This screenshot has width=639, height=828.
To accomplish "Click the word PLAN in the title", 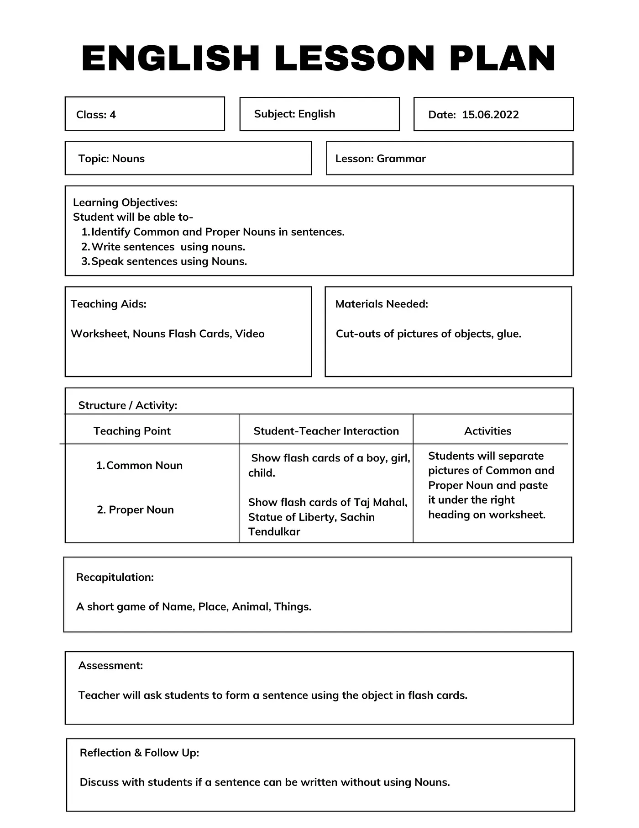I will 502,58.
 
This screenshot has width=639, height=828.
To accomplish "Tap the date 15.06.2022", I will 490,115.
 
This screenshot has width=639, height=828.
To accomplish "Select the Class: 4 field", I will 96,115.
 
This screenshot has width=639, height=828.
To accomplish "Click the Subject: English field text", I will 294,114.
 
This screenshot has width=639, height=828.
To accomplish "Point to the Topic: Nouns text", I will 111,159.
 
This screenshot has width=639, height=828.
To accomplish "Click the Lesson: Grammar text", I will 380,159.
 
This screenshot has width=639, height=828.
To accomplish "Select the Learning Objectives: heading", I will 125,202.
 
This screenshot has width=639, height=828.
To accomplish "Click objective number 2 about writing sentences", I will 168,247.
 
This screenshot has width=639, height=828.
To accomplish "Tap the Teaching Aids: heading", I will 108,304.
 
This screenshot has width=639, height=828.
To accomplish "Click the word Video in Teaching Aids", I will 250,334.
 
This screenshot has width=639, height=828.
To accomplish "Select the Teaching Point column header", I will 132,431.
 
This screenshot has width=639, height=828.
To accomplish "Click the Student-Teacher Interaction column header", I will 326,431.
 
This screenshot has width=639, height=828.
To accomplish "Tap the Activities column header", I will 487,431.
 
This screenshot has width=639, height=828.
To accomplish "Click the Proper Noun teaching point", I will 136,510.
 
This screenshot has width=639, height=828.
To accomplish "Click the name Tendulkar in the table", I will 274,531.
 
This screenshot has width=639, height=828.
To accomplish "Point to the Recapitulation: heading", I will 115,577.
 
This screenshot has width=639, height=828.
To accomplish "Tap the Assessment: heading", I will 110,665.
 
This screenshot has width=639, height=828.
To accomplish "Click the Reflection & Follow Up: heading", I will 139,753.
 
